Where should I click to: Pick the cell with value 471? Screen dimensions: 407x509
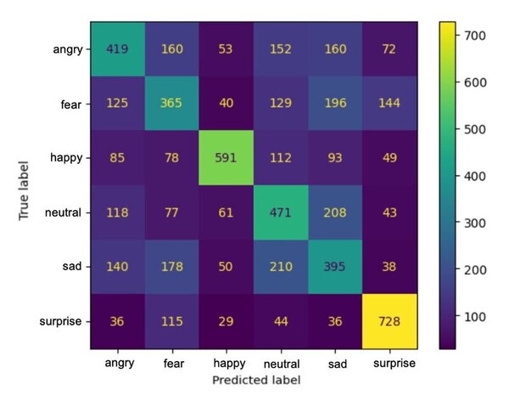coord(282,212)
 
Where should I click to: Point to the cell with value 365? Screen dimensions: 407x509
coord(172,103)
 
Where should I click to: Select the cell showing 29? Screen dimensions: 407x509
coord(227,323)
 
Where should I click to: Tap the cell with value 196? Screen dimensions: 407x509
coord(336,103)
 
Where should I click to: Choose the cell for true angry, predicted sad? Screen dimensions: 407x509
coord(336,48)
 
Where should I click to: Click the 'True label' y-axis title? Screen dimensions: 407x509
coord(25,185)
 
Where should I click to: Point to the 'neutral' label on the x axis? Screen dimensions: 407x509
coord(282,362)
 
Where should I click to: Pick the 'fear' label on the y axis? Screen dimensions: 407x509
coord(73,103)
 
